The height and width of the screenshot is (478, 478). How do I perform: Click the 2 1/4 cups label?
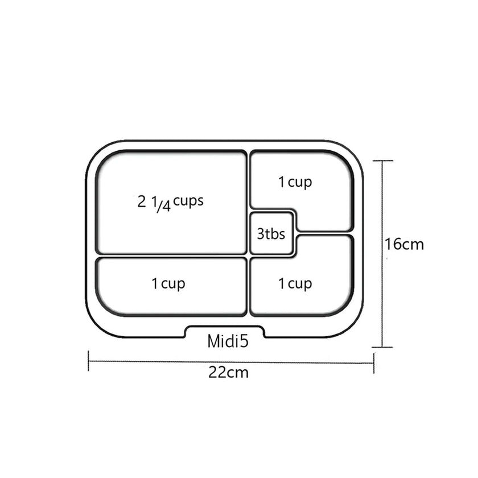tap(170, 203)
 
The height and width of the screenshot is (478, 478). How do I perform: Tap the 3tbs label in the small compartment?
tap(271, 234)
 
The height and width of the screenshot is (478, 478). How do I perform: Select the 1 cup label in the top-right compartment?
tap(295, 183)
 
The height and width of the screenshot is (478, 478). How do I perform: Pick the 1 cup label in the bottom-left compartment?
tap(168, 284)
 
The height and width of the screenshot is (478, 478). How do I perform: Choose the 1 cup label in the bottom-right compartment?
tap(295, 284)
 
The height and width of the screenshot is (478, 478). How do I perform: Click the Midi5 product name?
tap(228, 341)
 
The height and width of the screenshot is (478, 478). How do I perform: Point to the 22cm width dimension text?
tap(228, 373)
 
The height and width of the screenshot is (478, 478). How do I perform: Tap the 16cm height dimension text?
tap(404, 245)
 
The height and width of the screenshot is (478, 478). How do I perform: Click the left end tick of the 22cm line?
tap(88, 361)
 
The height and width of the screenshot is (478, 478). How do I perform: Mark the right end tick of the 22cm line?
tap(374, 363)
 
